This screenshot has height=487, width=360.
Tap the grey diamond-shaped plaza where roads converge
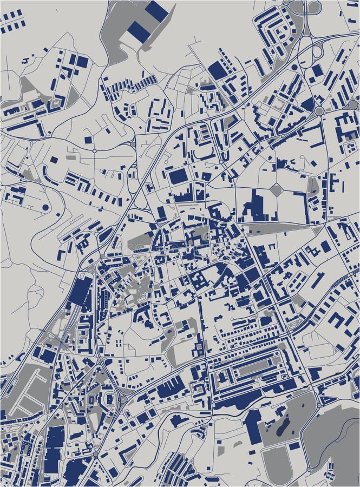tap(276, 190)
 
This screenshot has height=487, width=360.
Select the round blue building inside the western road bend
tap(45, 207)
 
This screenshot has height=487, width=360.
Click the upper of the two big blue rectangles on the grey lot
tap(156, 11)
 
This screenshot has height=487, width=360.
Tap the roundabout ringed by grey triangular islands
tap(123, 399)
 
